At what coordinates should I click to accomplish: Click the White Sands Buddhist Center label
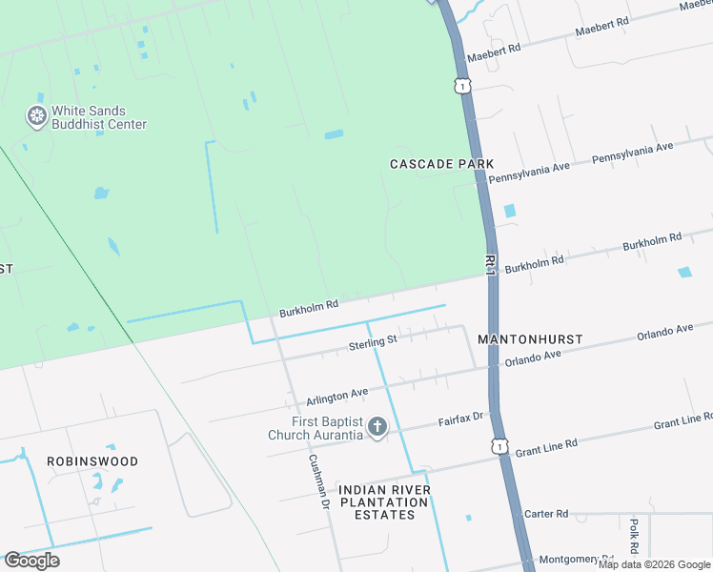point(99,117)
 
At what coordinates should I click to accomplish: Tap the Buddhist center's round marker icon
point(37,117)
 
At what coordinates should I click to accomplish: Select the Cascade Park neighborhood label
point(441,164)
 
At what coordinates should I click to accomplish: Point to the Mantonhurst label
point(529,339)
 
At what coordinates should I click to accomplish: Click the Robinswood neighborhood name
point(92,461)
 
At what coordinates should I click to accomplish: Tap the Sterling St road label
point(373,342)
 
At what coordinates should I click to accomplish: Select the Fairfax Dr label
point(461,418)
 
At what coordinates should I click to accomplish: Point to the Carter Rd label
point(546,514)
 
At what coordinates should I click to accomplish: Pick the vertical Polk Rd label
point(633,536)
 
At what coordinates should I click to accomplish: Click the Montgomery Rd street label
point(575,560)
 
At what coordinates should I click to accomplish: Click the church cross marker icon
point(377,427)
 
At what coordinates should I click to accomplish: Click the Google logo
point(31,561)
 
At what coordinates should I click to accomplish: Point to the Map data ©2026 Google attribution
point(654,565)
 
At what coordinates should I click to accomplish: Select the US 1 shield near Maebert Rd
point(462,86)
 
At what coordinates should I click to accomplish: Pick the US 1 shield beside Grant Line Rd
point(501,446)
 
